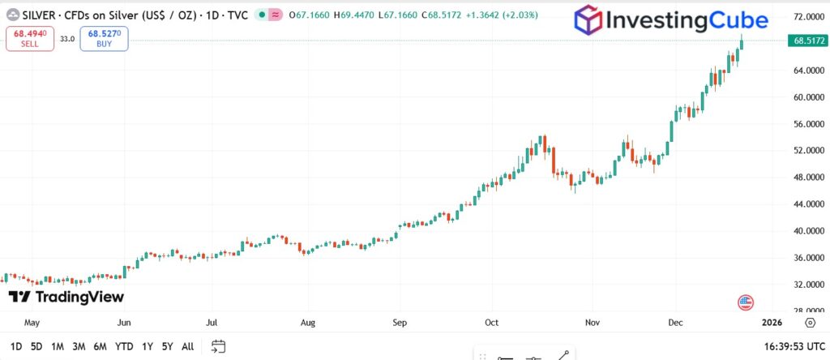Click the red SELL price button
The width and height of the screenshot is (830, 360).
[30, 38]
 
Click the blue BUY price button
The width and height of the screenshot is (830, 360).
[104, 38]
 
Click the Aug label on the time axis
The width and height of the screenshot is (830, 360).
[308, 322]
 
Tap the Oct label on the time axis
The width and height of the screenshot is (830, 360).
[493, 322]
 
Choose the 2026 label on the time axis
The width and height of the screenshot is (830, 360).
[772, 322]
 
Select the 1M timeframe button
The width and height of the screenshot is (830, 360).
[58, 346]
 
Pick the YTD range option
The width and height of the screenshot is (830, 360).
[124, 346]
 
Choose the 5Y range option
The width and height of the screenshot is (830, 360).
[166, 346]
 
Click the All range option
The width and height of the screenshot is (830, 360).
[187, 346]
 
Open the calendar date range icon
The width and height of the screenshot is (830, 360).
[217, 346]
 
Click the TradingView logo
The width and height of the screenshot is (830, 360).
[66, 297]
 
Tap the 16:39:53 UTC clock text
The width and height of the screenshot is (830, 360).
[787, 346]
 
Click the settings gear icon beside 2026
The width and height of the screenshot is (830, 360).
[810, 322]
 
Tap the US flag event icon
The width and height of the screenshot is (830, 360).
[746, 302]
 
